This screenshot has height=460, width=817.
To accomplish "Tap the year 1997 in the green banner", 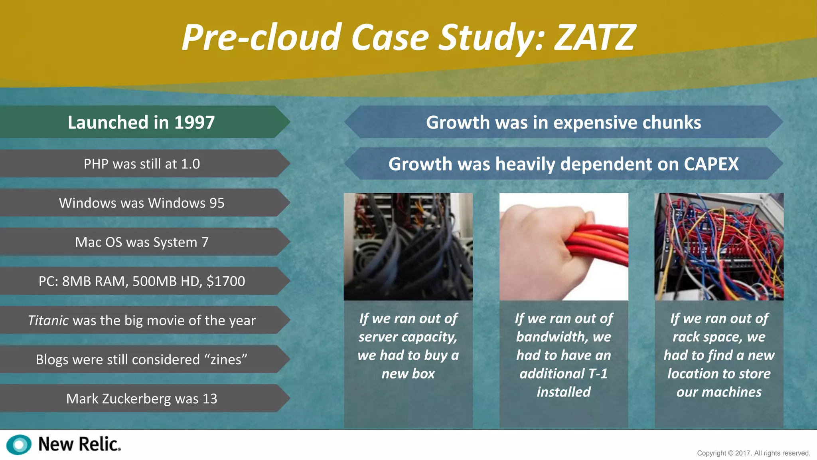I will [194, 122].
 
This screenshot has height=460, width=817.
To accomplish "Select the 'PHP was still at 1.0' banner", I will [142, 164].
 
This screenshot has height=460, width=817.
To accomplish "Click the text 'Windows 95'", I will [186, 203].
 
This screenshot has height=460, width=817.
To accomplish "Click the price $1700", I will [225, 281].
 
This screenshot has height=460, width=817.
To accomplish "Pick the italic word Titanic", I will [48, 320].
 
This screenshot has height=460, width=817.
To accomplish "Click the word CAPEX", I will [711, 164].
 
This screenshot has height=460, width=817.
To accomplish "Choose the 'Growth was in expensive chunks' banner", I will [563, 122].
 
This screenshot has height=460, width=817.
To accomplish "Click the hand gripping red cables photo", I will [564, 246].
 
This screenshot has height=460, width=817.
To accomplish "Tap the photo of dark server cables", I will [408, 246].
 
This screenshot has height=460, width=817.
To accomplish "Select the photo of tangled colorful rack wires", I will [719, 246].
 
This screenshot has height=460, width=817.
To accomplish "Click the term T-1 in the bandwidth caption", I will [598, 374].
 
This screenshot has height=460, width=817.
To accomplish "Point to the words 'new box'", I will [408, 374].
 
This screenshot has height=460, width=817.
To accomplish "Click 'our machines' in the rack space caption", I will [719, 392].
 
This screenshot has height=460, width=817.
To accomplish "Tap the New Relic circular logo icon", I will [19, 444].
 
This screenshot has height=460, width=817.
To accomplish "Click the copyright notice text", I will [753, 453].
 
